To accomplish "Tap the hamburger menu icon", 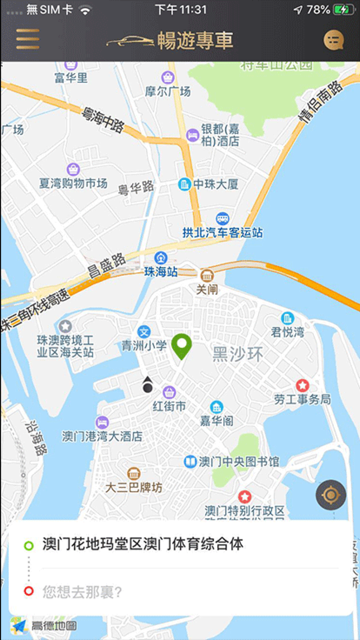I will [28, 40].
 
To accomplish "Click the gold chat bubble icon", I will [334, 40].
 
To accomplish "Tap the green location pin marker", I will [182, 346].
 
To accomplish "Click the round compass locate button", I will [331, 495].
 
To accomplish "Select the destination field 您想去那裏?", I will [82, 592].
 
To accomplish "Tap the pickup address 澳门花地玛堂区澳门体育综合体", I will [143, 544].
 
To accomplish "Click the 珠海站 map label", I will [161, 271].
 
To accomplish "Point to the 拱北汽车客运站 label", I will [222, 233].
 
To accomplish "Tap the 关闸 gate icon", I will [207, 275].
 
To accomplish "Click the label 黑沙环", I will [238, 354].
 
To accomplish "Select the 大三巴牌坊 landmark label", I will [134, 487].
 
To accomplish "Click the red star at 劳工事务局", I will [302, 385].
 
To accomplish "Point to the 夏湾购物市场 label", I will [74, 183].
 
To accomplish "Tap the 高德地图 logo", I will [44, 626].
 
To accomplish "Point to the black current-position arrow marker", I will [148, 384].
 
